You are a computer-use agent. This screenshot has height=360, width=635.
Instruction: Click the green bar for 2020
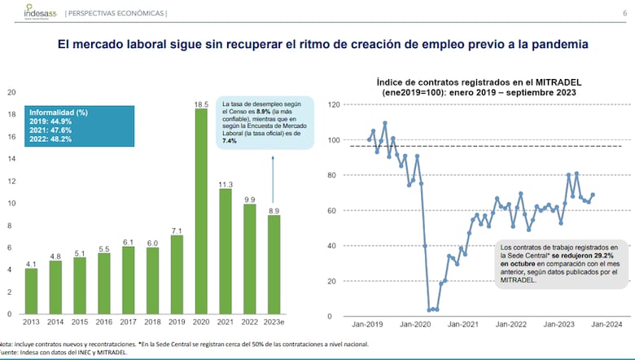(201, 212)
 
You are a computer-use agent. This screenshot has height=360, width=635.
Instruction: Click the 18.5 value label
(201, 103)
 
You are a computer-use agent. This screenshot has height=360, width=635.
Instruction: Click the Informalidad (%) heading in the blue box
(58, 111)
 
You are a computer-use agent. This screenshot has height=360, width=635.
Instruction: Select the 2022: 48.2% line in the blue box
(51, 138)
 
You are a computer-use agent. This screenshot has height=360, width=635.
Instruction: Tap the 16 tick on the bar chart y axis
(11, 137)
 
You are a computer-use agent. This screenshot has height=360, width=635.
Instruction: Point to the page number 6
(624, 13)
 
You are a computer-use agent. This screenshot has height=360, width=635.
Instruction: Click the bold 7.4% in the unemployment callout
(230, 141)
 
